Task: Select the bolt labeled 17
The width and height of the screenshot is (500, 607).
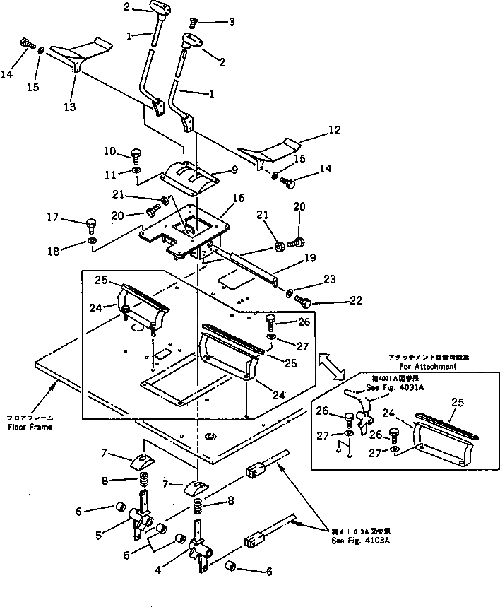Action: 90,224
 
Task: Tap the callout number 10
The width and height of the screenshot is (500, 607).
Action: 109,150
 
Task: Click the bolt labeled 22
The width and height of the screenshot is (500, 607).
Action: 305,302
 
